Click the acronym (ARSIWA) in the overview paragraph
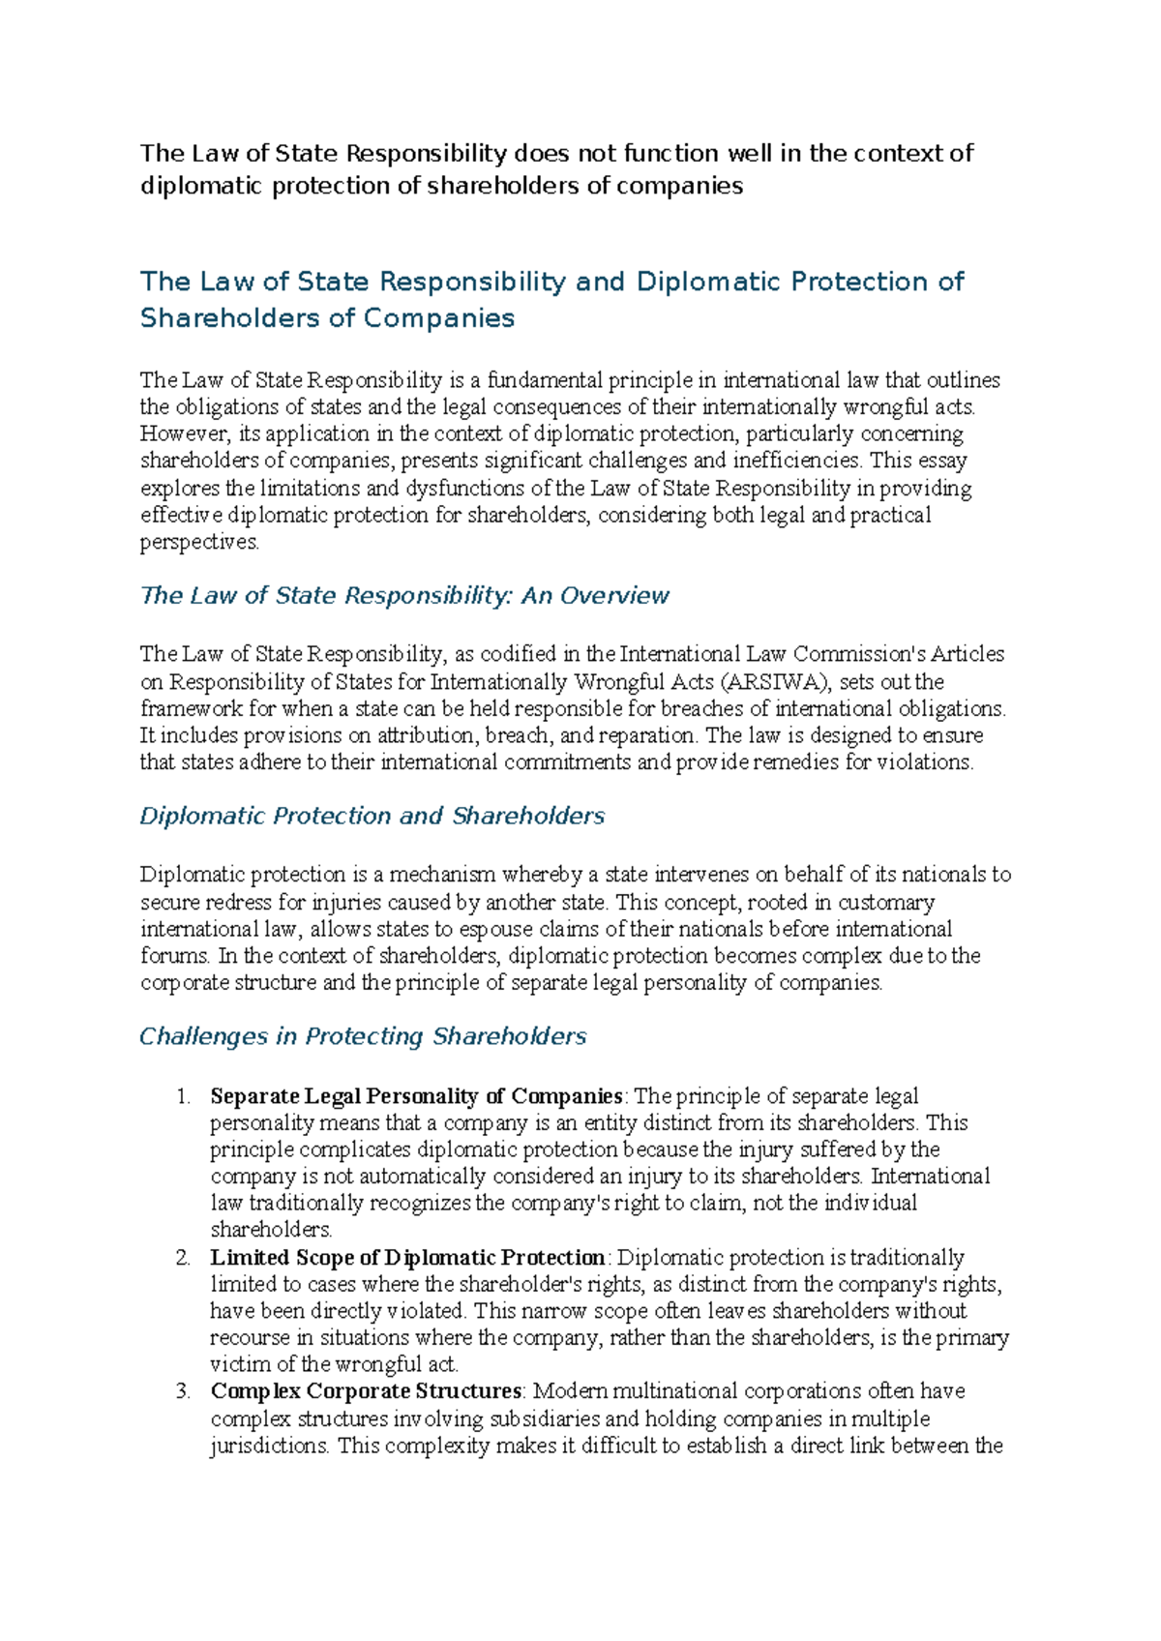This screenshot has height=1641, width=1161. point(778,681)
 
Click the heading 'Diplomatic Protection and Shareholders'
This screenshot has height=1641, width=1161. point(372,816)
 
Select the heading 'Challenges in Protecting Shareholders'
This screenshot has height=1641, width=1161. point(363,1036)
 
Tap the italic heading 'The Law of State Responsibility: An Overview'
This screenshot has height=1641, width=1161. point(404,595)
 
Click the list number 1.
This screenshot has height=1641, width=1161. point(183,1096)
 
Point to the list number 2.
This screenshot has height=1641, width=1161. point(183,1258)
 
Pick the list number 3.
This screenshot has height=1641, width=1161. point(183,1391)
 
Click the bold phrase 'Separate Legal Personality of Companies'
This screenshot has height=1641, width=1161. point(416,1096)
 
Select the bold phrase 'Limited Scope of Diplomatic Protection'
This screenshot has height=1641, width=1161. point(407,1258)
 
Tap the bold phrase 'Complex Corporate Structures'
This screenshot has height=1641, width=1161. point(367,1391)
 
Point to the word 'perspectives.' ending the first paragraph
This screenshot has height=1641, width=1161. point(200,543)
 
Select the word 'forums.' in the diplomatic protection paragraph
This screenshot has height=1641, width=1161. point(175,956)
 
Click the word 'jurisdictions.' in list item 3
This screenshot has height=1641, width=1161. point(270,1447)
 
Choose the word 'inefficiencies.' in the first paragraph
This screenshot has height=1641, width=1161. point(794,461)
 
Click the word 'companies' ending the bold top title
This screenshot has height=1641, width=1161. point(679,186)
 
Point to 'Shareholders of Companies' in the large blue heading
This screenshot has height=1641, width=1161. point(327,318)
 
